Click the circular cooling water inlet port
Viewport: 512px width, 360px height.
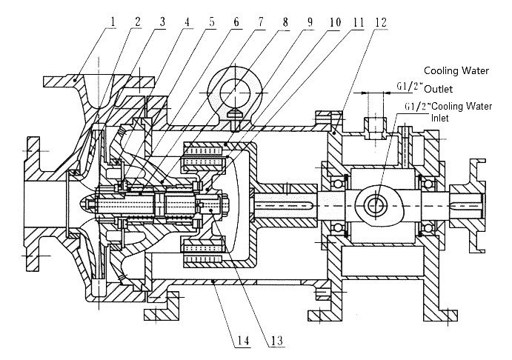click(x=376, y=203)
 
